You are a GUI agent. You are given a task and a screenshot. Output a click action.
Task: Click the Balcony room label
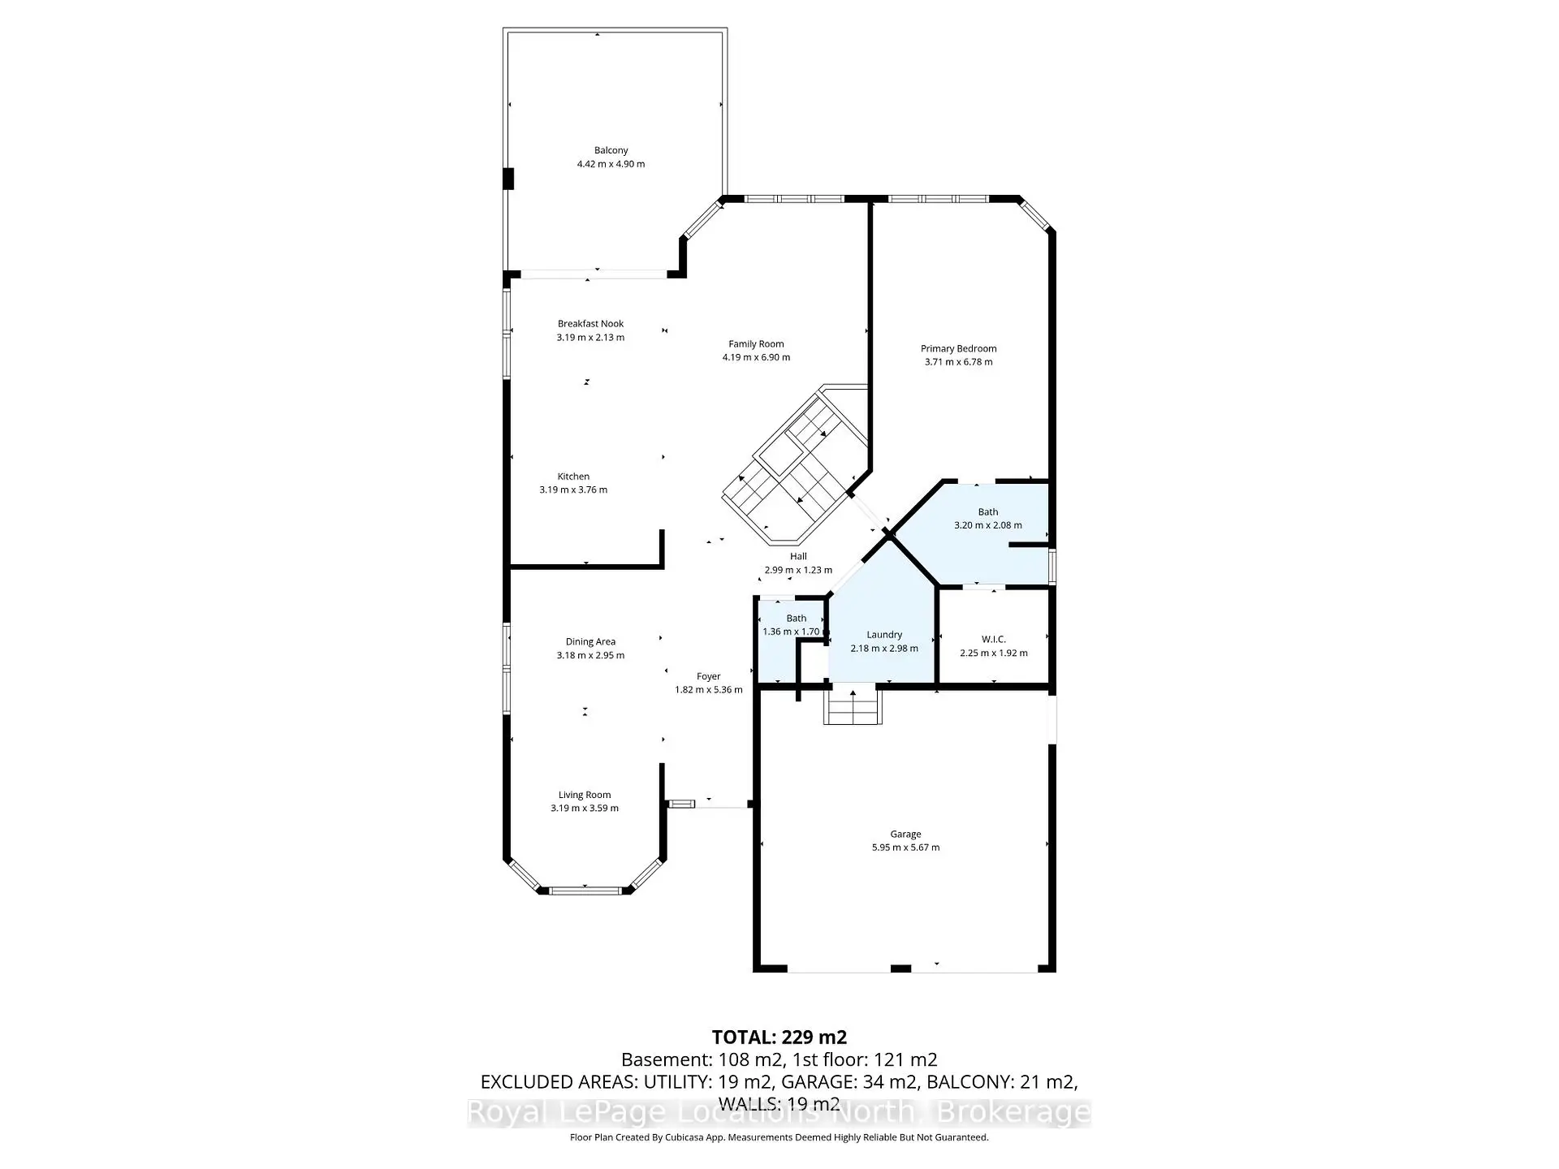pos(611,150)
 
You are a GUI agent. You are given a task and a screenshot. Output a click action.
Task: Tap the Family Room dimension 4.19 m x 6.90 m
pos(756,357)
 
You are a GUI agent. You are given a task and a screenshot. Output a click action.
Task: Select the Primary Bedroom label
pos(958,348)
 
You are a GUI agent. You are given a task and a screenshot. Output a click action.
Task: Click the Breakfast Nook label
pos(590,323)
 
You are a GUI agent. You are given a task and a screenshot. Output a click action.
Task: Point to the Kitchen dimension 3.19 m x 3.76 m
pos(573,490)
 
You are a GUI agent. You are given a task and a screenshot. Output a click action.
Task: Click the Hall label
pos(798,556)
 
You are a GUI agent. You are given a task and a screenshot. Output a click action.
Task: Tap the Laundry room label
pos(883,635)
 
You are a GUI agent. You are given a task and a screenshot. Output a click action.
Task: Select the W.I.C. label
pos(993,640)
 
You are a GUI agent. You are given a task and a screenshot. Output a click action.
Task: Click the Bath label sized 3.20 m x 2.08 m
pos(987,511)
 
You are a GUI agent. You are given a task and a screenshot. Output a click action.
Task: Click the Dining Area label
pos(590,641)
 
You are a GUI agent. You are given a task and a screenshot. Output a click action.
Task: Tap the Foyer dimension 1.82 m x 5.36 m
pos(708,690)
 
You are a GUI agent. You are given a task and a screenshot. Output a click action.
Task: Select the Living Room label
pos(584,795)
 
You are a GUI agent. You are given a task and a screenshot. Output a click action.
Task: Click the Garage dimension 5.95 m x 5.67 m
pos(905,848)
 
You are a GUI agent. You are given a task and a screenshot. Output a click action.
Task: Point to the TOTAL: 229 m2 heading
pos(779,1037)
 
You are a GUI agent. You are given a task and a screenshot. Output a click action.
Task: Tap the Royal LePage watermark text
pos(779,1112)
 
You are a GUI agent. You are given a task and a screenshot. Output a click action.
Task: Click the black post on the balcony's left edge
pos(508,179)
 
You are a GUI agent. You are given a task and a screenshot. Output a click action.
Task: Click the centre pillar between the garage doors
pos(900,968)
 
